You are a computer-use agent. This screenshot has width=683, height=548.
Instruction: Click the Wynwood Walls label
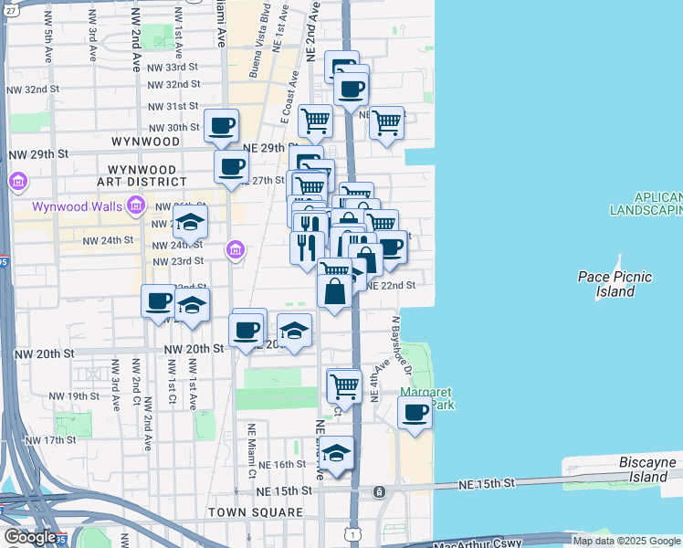click(77, 206)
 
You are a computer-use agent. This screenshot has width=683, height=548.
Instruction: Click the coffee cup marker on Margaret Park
click(415, 412)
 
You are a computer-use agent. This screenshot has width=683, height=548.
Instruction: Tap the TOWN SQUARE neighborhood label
click(255, 512)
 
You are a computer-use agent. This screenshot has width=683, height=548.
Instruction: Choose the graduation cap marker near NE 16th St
click(336, 454)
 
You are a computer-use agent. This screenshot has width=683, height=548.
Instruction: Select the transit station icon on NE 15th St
click(379, 492)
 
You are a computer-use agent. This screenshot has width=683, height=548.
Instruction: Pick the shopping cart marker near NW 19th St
click(344, 385)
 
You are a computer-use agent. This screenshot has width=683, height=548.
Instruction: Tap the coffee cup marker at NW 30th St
click(221, 127)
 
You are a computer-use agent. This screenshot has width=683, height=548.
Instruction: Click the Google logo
click(30, 537)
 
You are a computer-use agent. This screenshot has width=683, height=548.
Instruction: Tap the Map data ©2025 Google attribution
click(627, 541)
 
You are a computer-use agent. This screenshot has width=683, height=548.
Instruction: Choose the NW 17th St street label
click(50, 440)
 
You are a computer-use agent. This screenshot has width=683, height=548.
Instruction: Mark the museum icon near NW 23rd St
click(236, 249)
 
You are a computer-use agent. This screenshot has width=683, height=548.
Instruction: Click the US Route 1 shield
click(353, 533)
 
